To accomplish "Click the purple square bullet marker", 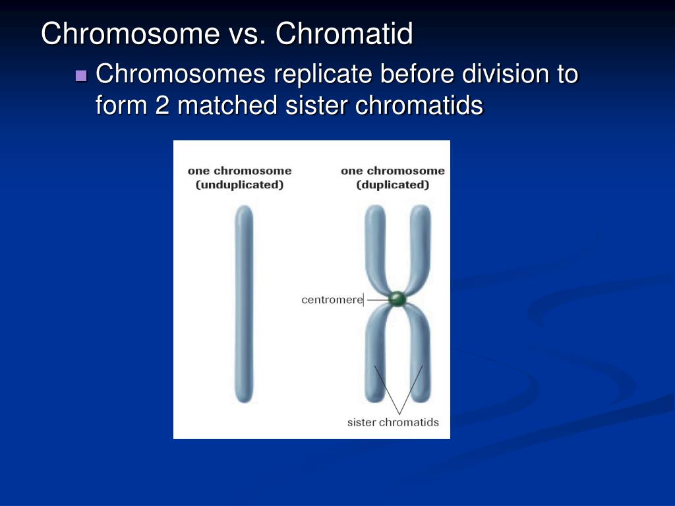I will (82, 76).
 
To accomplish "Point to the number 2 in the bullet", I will (162, 105).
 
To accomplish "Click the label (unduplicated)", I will (239, 185).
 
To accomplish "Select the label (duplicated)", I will (393, 185).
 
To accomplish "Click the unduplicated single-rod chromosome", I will (244, 303).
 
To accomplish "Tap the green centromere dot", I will (397, 299).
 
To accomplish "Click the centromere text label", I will (332, 300).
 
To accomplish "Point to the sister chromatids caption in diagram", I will (393, 422).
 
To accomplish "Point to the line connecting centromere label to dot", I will (377, 300).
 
